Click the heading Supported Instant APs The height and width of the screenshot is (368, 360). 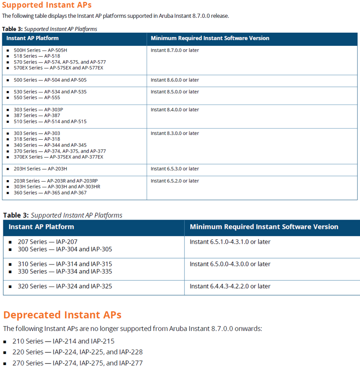[47, 5]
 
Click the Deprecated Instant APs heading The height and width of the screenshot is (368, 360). [62, 315]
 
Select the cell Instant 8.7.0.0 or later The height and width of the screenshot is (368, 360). [175, 50]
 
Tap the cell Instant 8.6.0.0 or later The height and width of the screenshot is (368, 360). [175, 80]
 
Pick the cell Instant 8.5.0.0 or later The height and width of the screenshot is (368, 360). [175, 92]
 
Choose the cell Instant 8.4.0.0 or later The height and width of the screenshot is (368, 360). [175, 110]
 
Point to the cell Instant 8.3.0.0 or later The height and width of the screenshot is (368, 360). [175, 133]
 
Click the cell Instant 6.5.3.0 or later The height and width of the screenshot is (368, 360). [175, 169]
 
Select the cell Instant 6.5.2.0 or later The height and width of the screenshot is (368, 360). [175, 181]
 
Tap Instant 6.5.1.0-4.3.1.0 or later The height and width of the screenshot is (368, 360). [230, 242]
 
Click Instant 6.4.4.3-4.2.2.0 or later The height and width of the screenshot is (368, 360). [230, 286]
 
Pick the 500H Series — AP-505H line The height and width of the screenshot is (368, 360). [41, 50]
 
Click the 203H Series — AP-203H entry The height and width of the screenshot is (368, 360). [40, 169]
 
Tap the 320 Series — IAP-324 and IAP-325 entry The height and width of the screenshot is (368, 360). [65, 286]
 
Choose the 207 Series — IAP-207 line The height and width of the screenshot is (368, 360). [48, 242]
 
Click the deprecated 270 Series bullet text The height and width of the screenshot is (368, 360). [77, 363]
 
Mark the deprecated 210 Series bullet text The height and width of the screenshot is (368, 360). [64, 341]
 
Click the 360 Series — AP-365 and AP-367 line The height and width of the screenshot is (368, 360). [50, 193]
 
